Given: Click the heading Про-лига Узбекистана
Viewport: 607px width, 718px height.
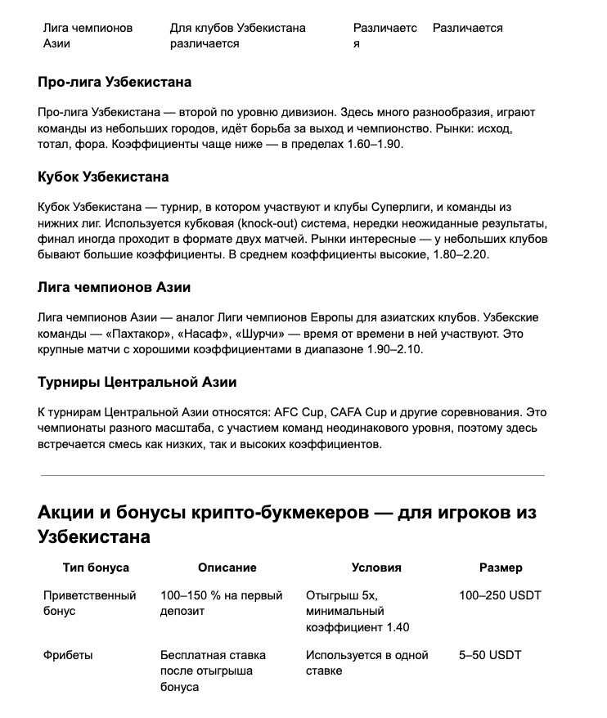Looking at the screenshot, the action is pyautogui.click(x=115, y=83).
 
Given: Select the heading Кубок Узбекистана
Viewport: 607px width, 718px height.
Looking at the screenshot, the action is pyautogui.click(x=103, y=177).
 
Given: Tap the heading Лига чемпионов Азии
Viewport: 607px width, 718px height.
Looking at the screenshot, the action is pyautogui.click(x=114, y=288).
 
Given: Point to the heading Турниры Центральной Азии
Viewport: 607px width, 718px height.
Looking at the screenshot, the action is pyautogui.click(x=137, y=382).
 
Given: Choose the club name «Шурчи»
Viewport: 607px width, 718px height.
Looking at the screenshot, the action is pyautogui.click(x=260, y=334).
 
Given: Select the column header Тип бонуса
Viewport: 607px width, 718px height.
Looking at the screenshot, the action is pyautogui.click(x=96, y=568).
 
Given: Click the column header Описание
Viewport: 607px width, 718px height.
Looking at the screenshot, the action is pyautogui.click(x=227, y=568).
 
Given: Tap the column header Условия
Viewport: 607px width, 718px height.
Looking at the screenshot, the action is pyautogui.click(x=376, y=568).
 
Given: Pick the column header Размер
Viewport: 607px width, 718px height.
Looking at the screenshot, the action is pyautogui.click(x=501, y=568).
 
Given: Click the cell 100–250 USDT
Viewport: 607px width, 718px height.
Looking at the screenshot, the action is pyautogui.click(x=501, y=595).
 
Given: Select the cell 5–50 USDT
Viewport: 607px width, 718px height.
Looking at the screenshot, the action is pyautogui.click(x=490, y=655).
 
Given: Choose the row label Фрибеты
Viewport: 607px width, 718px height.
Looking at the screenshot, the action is pyautogui.click(x=68, y=655).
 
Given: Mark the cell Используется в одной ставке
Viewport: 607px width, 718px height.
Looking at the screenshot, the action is pyautogui.click(x=367, y=663).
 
